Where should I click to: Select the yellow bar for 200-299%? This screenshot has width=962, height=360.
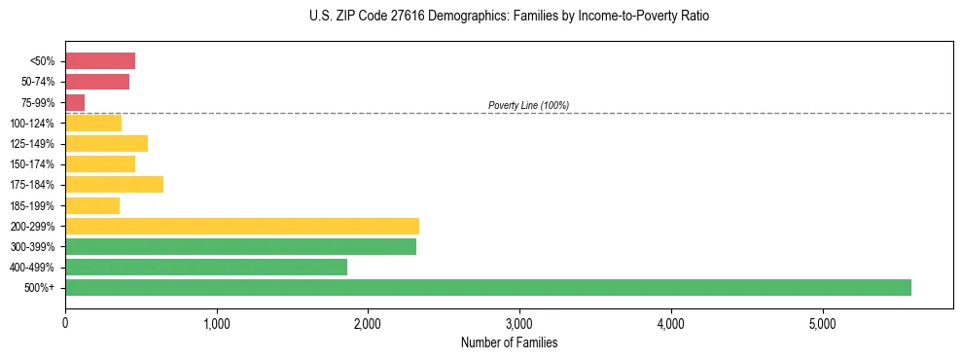pos(242,226)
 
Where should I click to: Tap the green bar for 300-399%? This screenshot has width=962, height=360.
pos(240,247)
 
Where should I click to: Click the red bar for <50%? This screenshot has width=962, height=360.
pos(100,61)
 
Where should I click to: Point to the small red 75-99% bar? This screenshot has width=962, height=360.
pos(75,102)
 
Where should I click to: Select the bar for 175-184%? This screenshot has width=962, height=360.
pos(114,185)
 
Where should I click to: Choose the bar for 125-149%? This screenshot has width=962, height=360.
pos(106,143)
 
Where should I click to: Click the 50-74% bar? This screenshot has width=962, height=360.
pos(97,82)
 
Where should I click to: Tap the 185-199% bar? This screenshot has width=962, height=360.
pos(92,205)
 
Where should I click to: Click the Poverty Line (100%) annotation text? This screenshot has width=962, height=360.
pos(528,105)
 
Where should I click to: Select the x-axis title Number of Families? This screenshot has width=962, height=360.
pos(509,343)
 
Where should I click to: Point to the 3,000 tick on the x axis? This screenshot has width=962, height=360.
pos(519,323)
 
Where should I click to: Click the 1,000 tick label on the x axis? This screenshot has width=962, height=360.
pos(216,323)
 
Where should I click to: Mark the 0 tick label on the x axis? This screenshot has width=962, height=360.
pos(65,323)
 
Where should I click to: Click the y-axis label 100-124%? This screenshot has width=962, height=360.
pos(32,124)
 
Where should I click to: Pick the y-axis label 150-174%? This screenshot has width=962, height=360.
pos(32,164)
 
